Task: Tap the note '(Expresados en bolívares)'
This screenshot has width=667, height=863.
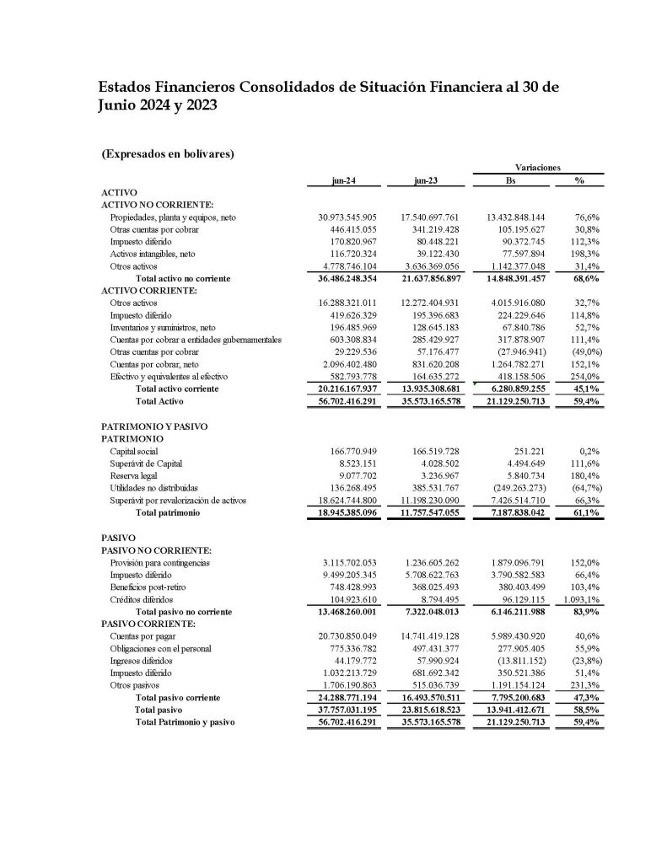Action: pyautogui.click(x=167, y=153)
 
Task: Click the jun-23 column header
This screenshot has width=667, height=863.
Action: pyautogui.click(x=426, y=180)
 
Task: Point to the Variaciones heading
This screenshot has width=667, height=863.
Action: pyautogui.click(x=537, y=168)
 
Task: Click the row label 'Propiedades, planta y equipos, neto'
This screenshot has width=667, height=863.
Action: pyautogui.click(x=173, y=217)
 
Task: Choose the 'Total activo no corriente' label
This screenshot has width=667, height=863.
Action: pyautogui.click(x=183, y=277)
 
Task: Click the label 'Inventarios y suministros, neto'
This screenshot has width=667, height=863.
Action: pyautogui.click(x=165, y=328)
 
